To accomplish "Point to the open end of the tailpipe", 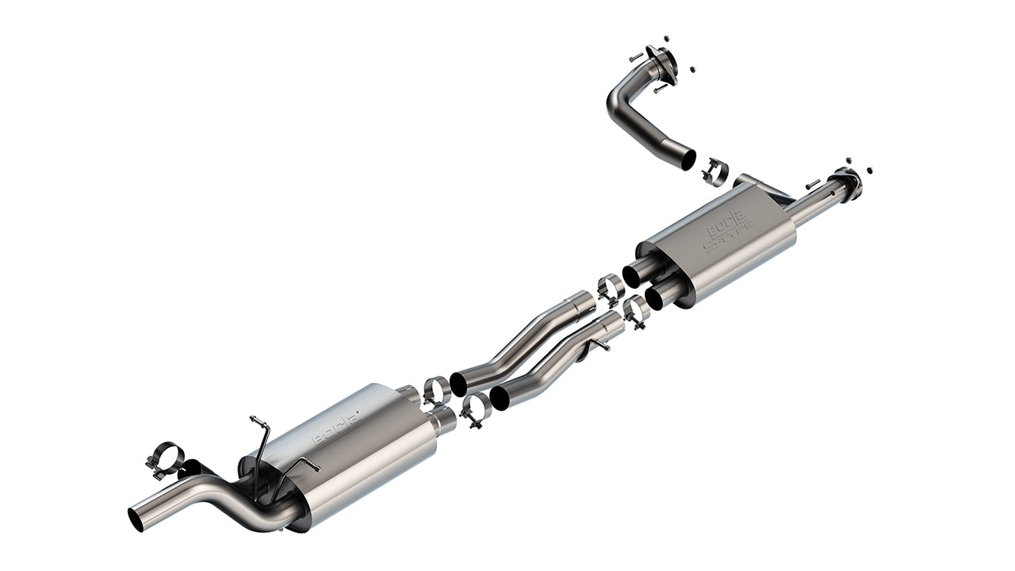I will coord(136,518).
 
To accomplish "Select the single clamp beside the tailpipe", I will coord(165,459).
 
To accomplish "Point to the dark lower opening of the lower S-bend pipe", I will coord(500,397).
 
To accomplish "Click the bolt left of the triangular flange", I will coord(635,57).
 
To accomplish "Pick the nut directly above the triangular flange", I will coord(665,37).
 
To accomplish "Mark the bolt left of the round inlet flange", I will coord(812,185).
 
